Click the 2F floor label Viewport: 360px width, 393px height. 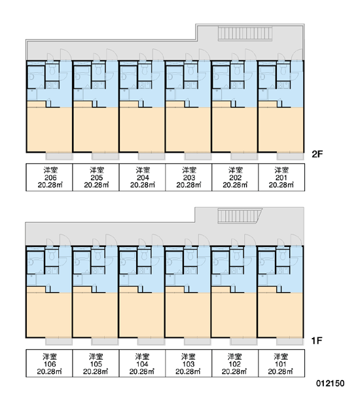coord(317,154)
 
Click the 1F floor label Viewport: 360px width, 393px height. coord(316,341)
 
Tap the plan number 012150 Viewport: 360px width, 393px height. coord(330,383)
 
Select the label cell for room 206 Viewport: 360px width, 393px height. coord(49,178)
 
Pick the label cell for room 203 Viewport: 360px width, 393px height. coord(189,178)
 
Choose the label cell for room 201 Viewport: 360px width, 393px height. coord(281,178)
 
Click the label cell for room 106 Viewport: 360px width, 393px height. coord(49,363)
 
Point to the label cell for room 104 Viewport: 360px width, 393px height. coord(142,363)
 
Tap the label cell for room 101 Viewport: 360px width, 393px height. coord(281,363)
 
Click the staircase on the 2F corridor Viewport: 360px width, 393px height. coord(245,33)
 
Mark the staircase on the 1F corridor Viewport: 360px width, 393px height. coord(240,215)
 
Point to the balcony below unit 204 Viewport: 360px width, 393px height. coord(152,157)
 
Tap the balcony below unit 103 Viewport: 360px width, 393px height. coord(198,342)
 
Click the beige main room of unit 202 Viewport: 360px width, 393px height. coord(234,130)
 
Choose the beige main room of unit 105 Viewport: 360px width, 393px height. coord(95,315)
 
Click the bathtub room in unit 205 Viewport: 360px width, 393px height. coord(82,77)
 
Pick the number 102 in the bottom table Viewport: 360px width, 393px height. coord(235,364)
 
